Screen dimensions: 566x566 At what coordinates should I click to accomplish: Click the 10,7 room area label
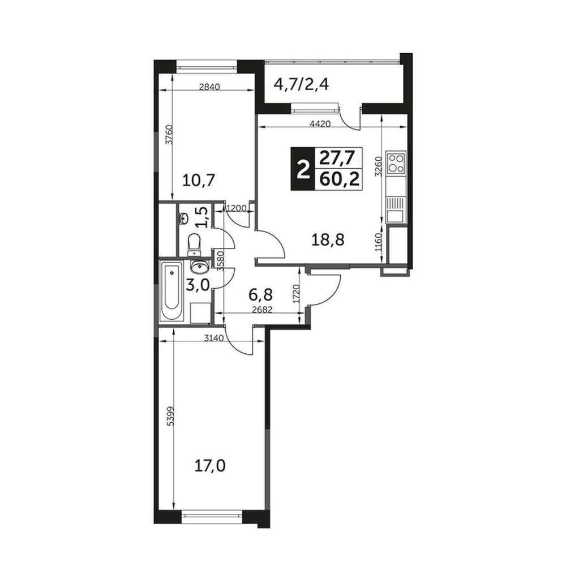coord(199,179)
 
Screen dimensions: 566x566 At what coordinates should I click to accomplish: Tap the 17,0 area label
coord(210,466)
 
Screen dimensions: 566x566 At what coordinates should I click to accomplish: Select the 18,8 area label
coord(328,239)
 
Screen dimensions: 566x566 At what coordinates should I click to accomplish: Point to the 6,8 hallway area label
coord(260,294)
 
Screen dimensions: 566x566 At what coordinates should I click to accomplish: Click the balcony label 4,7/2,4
coord(302,85)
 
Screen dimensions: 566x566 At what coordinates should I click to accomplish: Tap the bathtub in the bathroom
coord(171,291)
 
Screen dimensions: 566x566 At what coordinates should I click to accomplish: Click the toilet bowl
coord(195,245)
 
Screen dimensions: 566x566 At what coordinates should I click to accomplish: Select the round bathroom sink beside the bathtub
coord(199,267)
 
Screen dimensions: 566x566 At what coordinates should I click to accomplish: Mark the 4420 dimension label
coord(320,124)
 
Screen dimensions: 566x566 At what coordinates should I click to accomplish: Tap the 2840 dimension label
coord(210,87)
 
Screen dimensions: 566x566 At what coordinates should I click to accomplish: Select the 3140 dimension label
coord(215,338)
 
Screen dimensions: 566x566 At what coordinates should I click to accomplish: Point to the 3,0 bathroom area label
coord(198,285)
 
